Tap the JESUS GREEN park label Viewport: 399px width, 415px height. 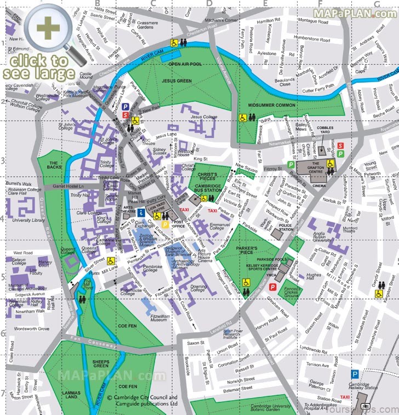tap(176, 80)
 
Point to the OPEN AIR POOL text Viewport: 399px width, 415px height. tap(185, 64)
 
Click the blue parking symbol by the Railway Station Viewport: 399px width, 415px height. tap(355, 374)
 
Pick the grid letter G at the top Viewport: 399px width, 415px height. tap(377, 4)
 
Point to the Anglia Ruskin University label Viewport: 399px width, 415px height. tap(321, 235)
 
